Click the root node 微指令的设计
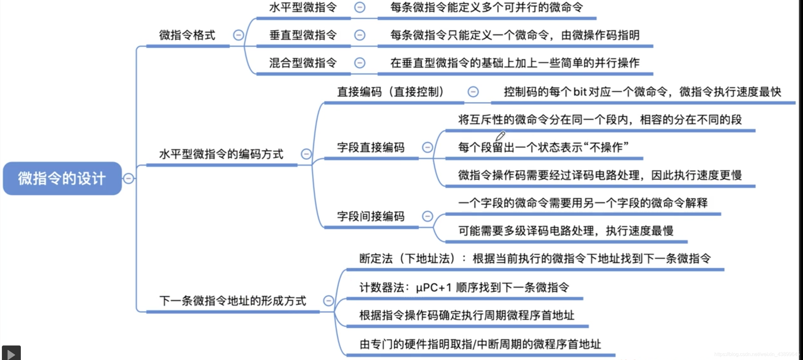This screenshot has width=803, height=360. pos(62,178)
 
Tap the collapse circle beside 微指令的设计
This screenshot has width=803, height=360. pos(128,178)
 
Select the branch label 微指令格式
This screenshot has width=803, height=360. pos(187,35)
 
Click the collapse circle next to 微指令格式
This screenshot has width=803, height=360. pos(238,35)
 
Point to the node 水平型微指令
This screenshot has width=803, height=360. pos(303,7)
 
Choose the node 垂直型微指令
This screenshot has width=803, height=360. pos(303,35)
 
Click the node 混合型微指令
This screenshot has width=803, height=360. pos(303,63)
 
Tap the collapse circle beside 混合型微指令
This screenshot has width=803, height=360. pos(360,63)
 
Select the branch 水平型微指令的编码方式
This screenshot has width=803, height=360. pos(221,154)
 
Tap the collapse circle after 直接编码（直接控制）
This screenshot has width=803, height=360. pos(473,92)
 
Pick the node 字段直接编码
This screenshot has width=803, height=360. pos(371,147)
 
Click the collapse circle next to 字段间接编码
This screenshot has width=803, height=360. pos(427,216)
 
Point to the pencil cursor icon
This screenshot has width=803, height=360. pos(500,136)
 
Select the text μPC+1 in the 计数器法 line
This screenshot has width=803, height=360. pos(433,287)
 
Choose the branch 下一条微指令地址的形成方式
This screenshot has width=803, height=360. pos(232,301)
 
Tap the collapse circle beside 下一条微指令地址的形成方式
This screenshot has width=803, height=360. pos(328,301)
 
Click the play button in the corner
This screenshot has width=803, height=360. pos(11,353)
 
